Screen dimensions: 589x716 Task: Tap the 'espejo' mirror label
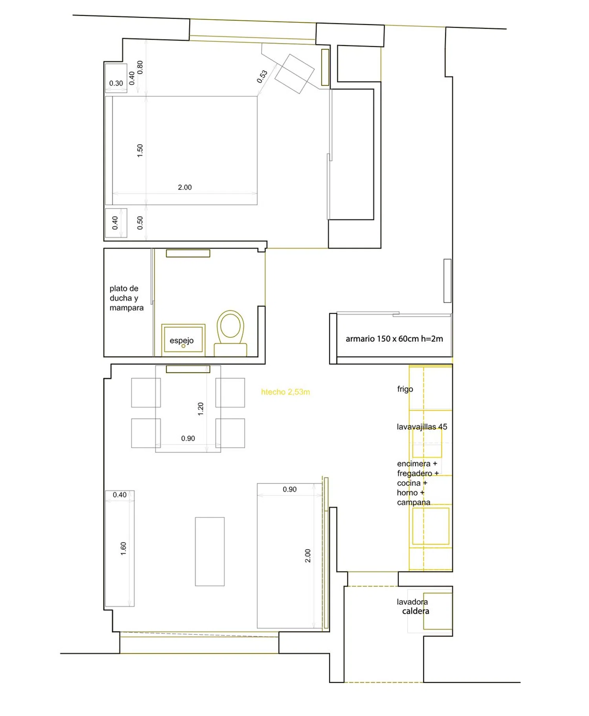point(181,341)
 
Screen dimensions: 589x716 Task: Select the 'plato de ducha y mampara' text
point(126,298)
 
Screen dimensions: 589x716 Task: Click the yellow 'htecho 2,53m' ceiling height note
point(285,392)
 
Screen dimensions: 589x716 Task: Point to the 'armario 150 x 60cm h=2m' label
point(394,339)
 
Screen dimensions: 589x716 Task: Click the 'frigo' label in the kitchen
point(405,389)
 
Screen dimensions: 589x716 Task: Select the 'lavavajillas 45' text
point(422,427)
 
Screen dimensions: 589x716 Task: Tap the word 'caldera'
point(415,611)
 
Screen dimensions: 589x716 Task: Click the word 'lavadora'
point(412,602)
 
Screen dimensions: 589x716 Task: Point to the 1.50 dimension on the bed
point(140,150)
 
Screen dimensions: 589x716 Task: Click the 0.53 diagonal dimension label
point(262,76)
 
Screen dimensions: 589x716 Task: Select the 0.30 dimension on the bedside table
point(116,83)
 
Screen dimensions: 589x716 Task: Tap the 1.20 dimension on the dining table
point(201,409)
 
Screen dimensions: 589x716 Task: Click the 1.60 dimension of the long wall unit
point(123,548)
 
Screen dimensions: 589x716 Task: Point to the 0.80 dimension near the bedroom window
point(140,67)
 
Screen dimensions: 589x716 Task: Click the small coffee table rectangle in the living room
point(210,551)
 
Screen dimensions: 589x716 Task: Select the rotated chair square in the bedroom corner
point(294,73)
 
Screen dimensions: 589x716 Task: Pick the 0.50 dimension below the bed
point(140,223)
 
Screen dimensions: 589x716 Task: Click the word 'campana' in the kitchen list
point(413,502)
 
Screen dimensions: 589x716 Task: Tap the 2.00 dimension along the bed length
point(185,187)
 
